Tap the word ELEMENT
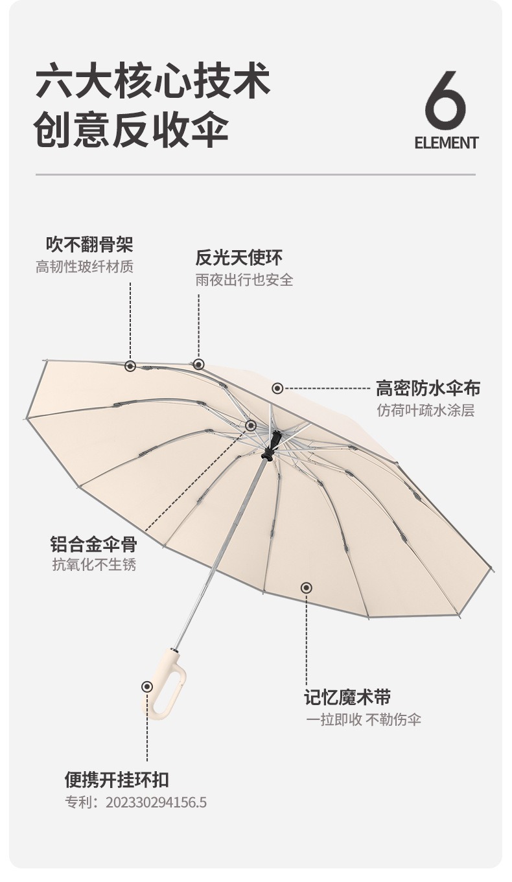coord(446,143)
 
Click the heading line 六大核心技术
coord(153,81)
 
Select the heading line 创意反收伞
coord(132,130)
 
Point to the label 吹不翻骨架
coord(89,244)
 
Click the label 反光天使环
coord(239,257)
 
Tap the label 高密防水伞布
coord(428,388)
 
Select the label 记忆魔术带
coord(347,697)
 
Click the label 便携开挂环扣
coord(117,779)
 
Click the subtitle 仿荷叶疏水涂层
coord(426,410)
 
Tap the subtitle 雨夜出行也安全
coord(244,279)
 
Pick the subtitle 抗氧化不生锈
coord(94,564)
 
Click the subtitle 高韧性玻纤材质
coord(85,266)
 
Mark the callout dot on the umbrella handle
coord(148,686)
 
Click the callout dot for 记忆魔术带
coord(307,588)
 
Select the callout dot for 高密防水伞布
coord(277,388)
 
